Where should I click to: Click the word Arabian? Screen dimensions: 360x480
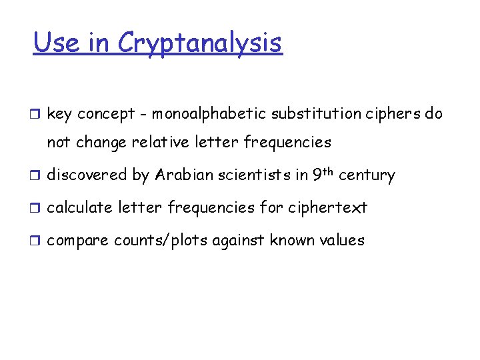point(183,175)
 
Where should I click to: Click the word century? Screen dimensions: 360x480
point(367,176)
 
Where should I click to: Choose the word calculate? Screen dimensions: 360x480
point(79,208)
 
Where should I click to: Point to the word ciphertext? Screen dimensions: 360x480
point(327,208)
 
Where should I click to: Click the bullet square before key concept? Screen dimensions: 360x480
point(37,115)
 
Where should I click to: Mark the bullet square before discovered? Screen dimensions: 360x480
point(37,176)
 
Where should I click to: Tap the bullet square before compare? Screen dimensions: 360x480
point(37,241)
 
